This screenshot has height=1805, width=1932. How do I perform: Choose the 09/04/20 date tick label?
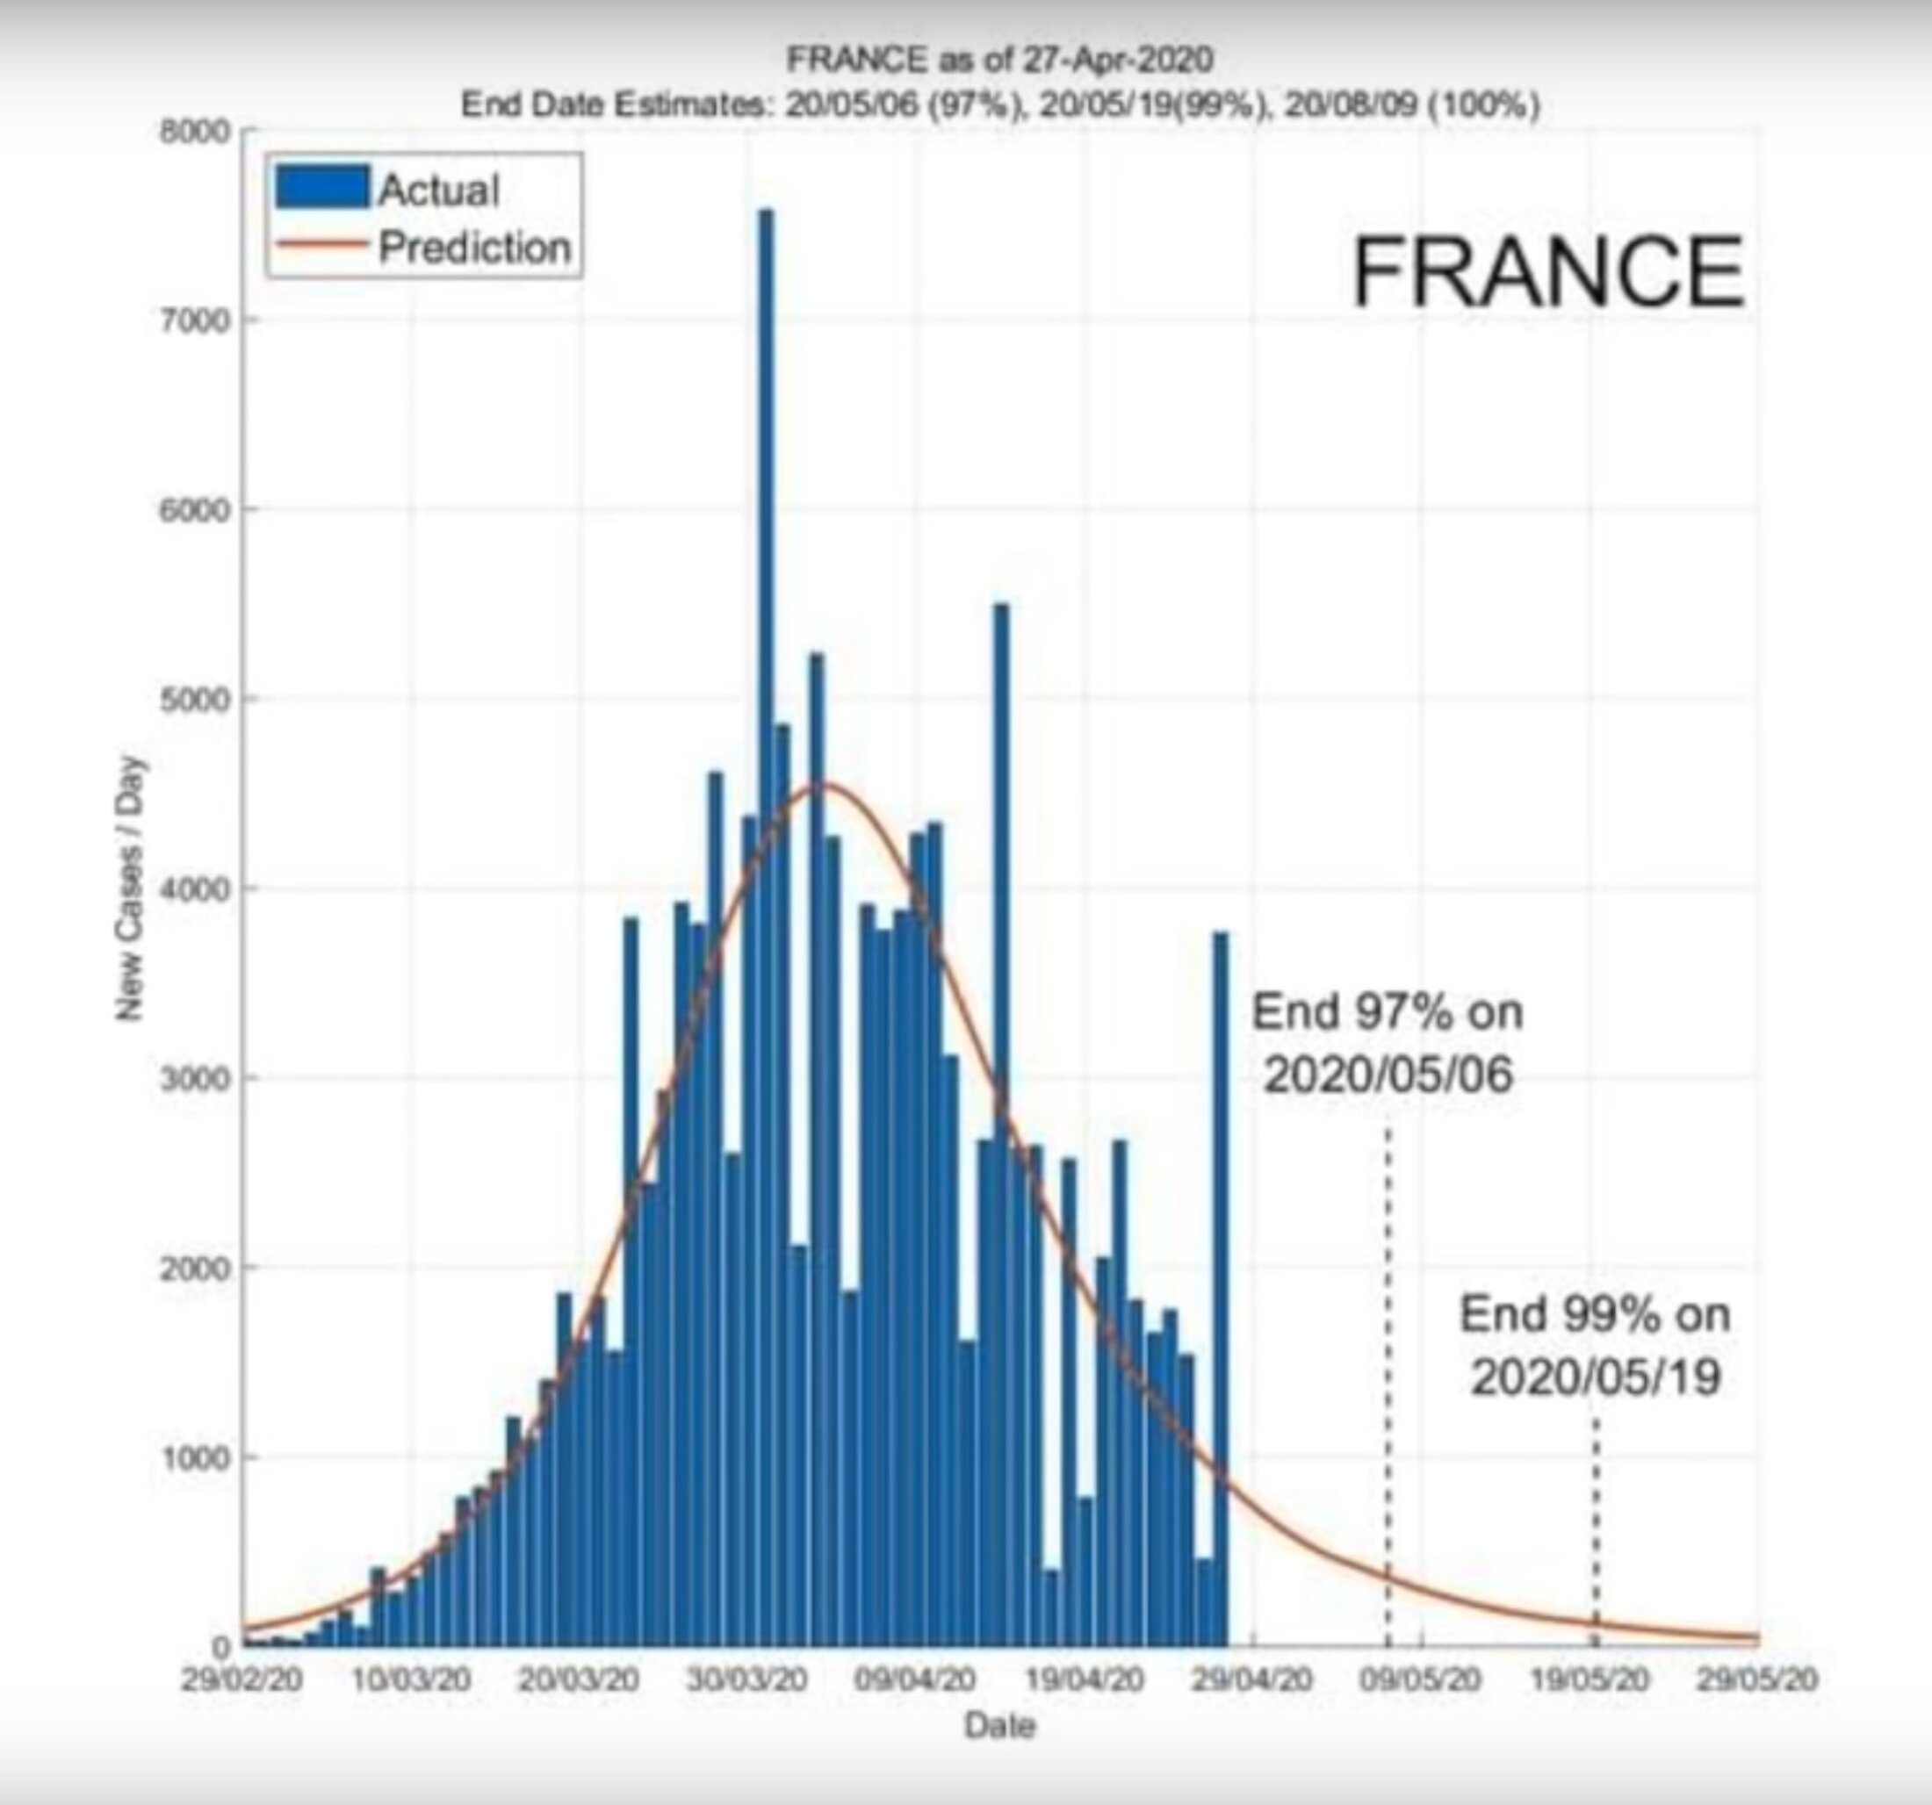[914, 1679]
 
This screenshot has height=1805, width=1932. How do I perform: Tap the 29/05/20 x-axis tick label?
[1757, 1679]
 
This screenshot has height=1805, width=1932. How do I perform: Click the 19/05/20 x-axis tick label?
[1590, 1679]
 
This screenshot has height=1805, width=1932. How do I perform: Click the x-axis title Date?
[999, 1725]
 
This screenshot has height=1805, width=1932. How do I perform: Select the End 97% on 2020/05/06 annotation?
[1387, 1042]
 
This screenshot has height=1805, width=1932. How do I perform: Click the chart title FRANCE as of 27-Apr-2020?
[999, 61]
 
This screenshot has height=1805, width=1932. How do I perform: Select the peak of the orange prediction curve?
[821, 784]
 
